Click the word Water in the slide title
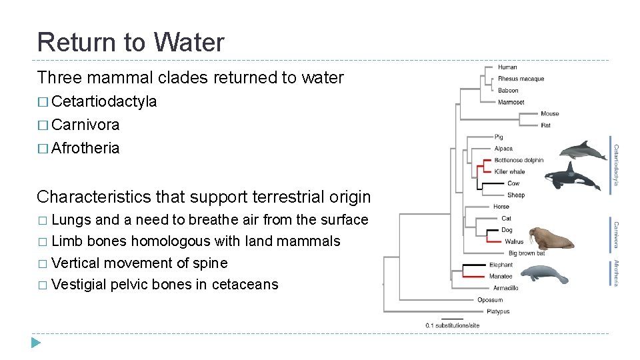tap(189, 42)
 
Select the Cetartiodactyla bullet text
tap(104, 101)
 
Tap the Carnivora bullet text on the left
tap(85, 125)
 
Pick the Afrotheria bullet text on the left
tap(85, 148)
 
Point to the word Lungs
tap(71, 220)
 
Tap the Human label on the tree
tap(507, 67)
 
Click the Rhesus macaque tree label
tap(521, 79)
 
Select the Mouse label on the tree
tap(550, 113)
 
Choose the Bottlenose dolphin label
tap(519, 160)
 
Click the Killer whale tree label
tap(510, 171)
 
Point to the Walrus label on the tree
tap(514, 241)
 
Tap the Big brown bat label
tap(527, 253)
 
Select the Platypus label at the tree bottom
tap(498, 311)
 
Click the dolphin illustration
tap(583, 151)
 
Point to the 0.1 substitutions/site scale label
tap(453, 325)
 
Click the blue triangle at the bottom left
tap(36, 343)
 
